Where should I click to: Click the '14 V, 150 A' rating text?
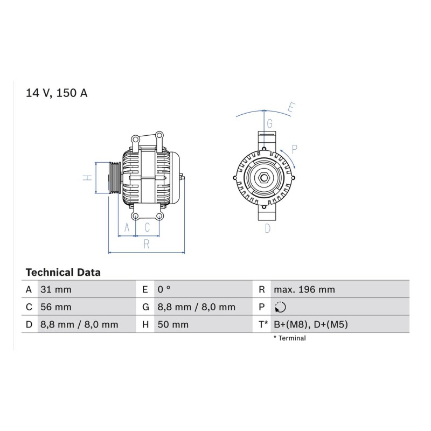click(x=57, y=93)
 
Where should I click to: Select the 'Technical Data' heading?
click(x=63, y=273)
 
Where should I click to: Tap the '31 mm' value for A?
click(x=56, y=289)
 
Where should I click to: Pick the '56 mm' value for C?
click(x=56, y=307)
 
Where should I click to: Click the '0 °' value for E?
click(x=164, y=289)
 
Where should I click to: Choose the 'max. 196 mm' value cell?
click(x=304, y=289)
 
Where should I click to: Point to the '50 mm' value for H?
click(x=173, y=324)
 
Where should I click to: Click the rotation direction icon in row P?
click(x=280, y=307)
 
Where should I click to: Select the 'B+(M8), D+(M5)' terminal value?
click(x=311, y=324)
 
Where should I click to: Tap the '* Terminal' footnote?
click(x=289, y=338)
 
